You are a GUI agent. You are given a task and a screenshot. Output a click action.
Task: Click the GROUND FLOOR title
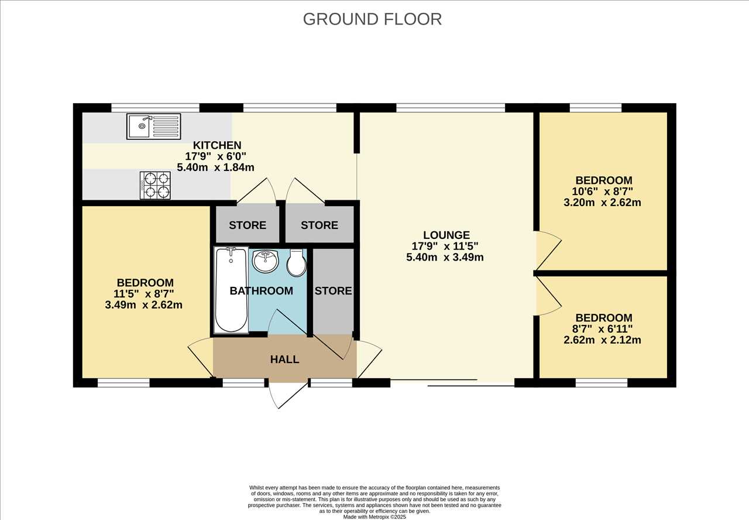coord(372,19)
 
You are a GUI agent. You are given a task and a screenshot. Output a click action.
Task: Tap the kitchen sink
coord(153,126)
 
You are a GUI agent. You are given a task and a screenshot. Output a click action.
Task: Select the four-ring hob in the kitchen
coord(155,186)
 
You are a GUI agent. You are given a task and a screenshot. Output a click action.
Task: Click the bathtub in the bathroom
coord(231,290)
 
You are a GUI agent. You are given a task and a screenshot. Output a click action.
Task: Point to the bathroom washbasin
coord(266,261)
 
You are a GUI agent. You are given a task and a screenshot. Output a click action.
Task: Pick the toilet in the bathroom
coord(296,262)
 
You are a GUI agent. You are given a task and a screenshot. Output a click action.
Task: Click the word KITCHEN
coord(217,145)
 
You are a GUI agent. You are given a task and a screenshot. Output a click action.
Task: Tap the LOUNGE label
coord(446,235)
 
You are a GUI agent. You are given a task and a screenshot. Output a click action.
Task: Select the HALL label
coord(284,360)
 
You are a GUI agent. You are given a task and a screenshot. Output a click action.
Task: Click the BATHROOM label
coord(261,291)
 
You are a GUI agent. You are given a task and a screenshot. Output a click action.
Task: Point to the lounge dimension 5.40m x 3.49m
coord(445,257)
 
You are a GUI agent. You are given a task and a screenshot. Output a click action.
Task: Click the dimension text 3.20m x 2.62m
coord(602,203)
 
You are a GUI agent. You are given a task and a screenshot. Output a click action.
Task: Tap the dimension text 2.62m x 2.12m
coord(602,340)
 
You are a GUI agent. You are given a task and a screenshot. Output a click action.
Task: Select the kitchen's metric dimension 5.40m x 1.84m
coord(215,167)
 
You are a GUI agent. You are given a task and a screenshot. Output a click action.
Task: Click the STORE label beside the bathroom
coord(333,291)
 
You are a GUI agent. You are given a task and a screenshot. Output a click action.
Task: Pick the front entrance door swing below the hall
coord(288,395)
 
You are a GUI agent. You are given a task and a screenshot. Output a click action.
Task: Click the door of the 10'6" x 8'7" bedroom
coord(548,250)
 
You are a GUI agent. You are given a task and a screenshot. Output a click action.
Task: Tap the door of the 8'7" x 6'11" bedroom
coord(548,296)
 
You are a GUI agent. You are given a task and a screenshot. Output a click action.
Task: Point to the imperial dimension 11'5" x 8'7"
coord(143,294)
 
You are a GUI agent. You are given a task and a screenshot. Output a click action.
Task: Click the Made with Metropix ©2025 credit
coord(374,517)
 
